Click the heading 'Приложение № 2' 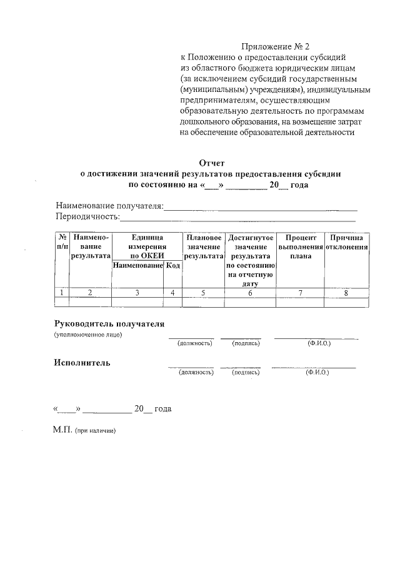(x=276, y=47)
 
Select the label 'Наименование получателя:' (x=109, y=206)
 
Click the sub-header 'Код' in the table (x=173, y=266)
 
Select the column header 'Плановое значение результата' (x=204, y=247)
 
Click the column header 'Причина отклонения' (x=347, y=243)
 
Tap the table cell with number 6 (x=250, y=293)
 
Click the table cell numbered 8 (x=347, y=293)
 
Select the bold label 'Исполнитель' (x=82, y=362)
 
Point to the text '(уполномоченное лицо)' (x=87, y=335)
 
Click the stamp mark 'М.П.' (x=63, y=431)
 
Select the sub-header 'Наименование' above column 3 (x=137, y=266)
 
